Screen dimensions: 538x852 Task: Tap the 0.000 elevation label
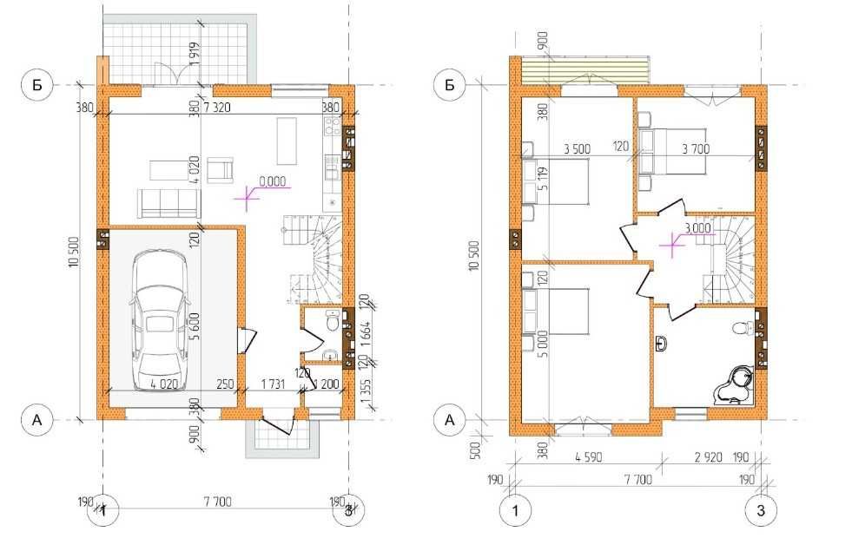click(274, 184)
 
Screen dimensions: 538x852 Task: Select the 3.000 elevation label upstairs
click(698, 228)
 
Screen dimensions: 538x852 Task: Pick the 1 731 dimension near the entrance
click(273, 384)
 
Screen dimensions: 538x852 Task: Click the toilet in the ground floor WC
click(331, 324)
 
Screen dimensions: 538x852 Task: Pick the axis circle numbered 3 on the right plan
click(761, 510)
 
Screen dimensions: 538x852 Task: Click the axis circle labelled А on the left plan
click(36, 420)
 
